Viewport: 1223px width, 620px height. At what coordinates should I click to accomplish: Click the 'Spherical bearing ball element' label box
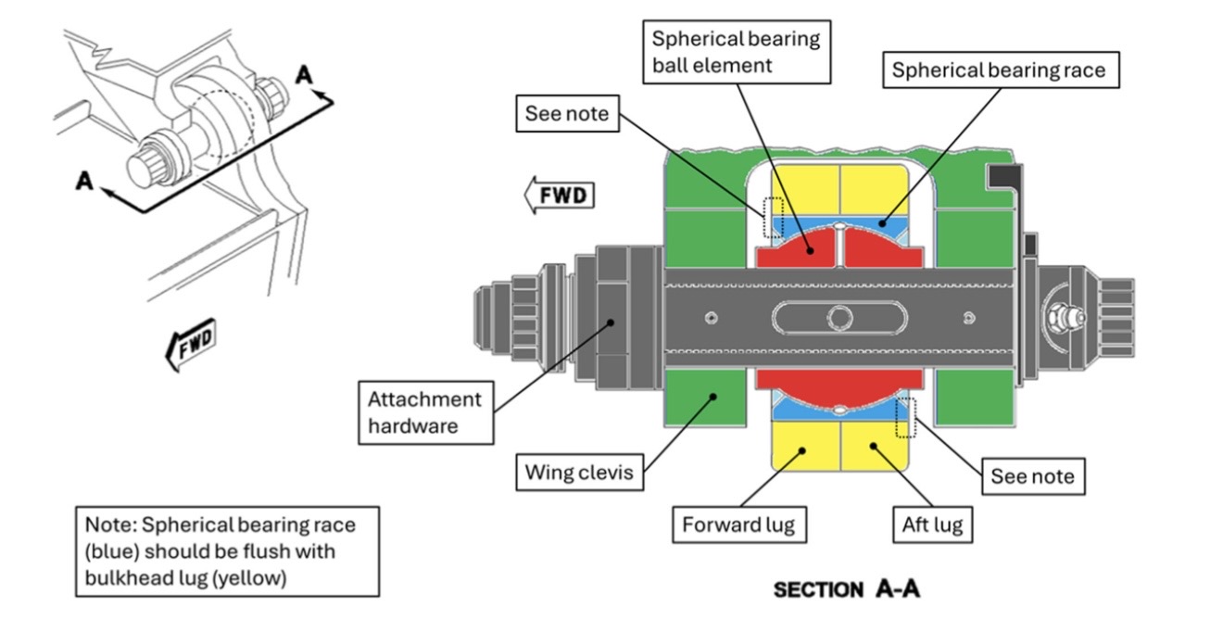click(736, 52)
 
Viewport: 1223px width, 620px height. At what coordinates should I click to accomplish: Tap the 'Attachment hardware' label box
click(424, 412)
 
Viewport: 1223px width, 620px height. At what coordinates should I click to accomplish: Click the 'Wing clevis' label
click(579, 472)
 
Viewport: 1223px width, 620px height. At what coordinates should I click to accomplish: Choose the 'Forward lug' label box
click(738, 525)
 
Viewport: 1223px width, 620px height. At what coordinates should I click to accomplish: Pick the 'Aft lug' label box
click(932, 525)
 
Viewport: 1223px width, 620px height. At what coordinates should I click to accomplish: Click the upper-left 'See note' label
click(566, 114)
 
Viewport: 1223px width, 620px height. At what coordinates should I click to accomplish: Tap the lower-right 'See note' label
click(1032, 476)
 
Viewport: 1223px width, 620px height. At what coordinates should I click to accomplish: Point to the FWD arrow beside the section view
click(559, 196)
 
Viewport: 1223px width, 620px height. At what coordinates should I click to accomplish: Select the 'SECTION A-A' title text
click(846, 589)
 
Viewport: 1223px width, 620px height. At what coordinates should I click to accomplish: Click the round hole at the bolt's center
click(839, 318)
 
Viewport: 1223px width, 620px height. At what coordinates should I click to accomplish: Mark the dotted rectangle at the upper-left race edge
click(772, 216)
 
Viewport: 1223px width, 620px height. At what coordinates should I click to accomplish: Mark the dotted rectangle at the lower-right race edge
click(906, 417)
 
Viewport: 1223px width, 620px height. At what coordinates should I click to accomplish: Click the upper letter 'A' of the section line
click(304, 75)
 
